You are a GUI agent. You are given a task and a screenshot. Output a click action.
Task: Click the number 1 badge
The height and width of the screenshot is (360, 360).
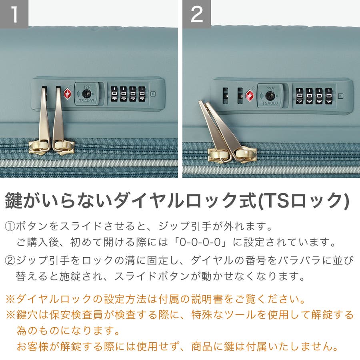14,14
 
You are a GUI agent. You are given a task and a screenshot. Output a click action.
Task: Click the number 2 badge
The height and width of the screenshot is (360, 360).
196,14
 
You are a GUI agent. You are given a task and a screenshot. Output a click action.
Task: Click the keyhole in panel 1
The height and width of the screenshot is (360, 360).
86,94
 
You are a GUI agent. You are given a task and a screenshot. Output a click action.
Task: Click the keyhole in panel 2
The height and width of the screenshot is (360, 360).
270,96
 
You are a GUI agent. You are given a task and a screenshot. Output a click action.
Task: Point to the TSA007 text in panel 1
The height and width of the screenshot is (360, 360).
86,101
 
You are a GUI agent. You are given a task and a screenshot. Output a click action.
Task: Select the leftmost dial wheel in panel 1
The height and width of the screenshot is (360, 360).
114,94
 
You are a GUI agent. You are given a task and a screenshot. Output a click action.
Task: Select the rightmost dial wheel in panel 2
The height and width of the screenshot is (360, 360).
328,96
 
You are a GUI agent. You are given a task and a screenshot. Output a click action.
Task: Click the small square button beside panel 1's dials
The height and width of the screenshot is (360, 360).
153,94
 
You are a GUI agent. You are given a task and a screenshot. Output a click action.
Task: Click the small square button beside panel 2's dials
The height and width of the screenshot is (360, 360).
341,96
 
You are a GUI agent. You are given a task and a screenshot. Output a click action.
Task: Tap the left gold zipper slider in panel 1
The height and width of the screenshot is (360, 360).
40,147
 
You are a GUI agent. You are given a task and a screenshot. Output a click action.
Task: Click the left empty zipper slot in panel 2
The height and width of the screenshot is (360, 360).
226,96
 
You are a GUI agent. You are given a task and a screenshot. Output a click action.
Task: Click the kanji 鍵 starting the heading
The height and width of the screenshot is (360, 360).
14,200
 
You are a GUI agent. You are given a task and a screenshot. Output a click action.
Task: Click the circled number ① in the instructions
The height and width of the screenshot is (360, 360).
10,226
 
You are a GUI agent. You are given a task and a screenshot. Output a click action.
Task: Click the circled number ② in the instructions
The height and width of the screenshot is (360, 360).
10,260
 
